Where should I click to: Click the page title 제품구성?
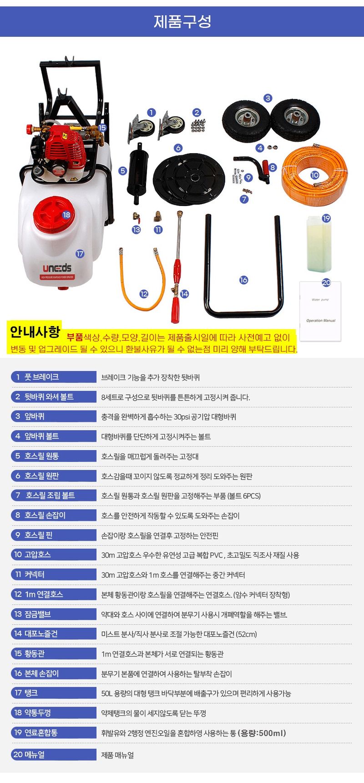182,21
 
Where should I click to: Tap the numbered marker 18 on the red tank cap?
66,215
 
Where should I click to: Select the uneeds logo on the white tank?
57,268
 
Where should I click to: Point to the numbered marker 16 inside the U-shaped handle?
243,280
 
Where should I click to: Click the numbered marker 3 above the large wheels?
268,98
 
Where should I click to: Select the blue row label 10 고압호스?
53,555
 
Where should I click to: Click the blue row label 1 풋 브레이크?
53,377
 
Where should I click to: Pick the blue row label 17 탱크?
53,693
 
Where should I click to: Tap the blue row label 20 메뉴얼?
53,754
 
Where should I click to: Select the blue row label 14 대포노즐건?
53,634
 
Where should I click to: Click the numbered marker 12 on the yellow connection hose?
144,294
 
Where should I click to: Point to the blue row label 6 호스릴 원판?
53,476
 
